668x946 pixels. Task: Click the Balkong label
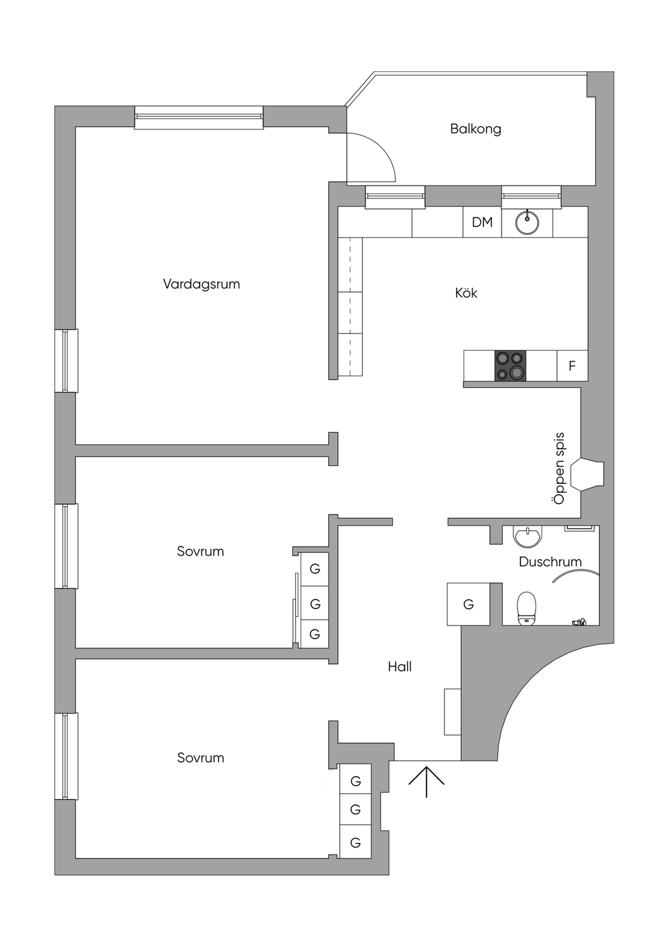[x=476, y=129]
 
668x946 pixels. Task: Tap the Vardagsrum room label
[x=201, y=284]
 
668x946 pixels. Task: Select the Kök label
[x=466, y=293]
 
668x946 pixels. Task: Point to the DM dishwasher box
[x=482, y=222]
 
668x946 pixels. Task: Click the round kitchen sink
[x=527, y=223]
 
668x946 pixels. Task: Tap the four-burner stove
[x=510, y=366]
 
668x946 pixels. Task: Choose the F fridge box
[x=572, y=366]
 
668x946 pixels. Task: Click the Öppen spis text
[x=558, y=468]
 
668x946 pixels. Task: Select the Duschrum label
[x=550, y=561]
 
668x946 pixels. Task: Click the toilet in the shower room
[x=526, y=607]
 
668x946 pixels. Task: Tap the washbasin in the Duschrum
[x=527, y=537]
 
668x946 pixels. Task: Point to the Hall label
[x=399, y=667]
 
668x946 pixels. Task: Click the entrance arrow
[x=427, y=781]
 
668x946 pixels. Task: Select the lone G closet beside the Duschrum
[x=468, y=605]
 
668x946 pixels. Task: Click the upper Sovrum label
[x=200, y=551]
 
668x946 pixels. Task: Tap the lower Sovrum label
[x=200, y=757]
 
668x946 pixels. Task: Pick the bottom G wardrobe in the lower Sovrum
[x=356, y=842]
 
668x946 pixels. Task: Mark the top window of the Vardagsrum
[x=199, y=117]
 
